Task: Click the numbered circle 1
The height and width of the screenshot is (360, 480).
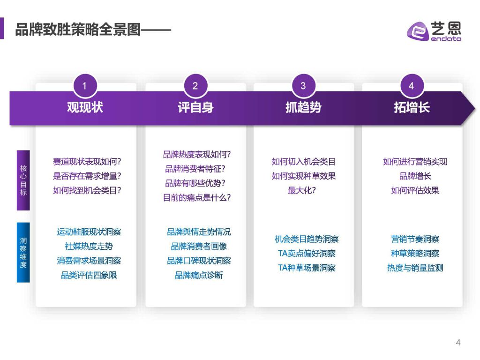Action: pos(85,86)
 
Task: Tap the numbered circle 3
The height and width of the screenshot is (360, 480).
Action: pos(303,86)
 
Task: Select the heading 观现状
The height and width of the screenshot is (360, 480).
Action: pos(85,107)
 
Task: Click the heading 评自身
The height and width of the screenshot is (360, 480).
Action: pos(195,107)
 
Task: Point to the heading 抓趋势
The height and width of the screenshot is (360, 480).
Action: pos(303,107)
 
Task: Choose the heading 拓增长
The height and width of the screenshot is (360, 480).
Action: pos(412,107)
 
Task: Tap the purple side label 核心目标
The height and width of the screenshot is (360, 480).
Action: pos(23,180)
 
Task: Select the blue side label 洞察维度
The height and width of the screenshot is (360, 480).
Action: pos(23,252)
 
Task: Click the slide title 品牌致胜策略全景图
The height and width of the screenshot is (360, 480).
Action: pos(78,30)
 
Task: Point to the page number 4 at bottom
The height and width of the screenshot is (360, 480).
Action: pos(458,342)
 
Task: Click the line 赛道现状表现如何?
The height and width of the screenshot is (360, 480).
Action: pos(87,162)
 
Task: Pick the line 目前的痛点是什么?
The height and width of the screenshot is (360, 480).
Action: pos(197,198)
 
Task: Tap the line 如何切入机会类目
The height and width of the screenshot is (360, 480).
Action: pos(303,162)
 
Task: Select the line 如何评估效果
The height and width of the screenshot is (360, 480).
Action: pos(415,190)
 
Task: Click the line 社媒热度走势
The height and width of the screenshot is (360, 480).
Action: pos(89,246)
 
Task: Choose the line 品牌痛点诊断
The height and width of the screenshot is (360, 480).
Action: pos(199,275)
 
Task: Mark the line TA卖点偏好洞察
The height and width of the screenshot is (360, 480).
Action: pos(307,254)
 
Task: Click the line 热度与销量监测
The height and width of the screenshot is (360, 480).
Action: pos(415,268)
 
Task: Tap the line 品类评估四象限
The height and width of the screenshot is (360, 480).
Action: pos(89,275)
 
